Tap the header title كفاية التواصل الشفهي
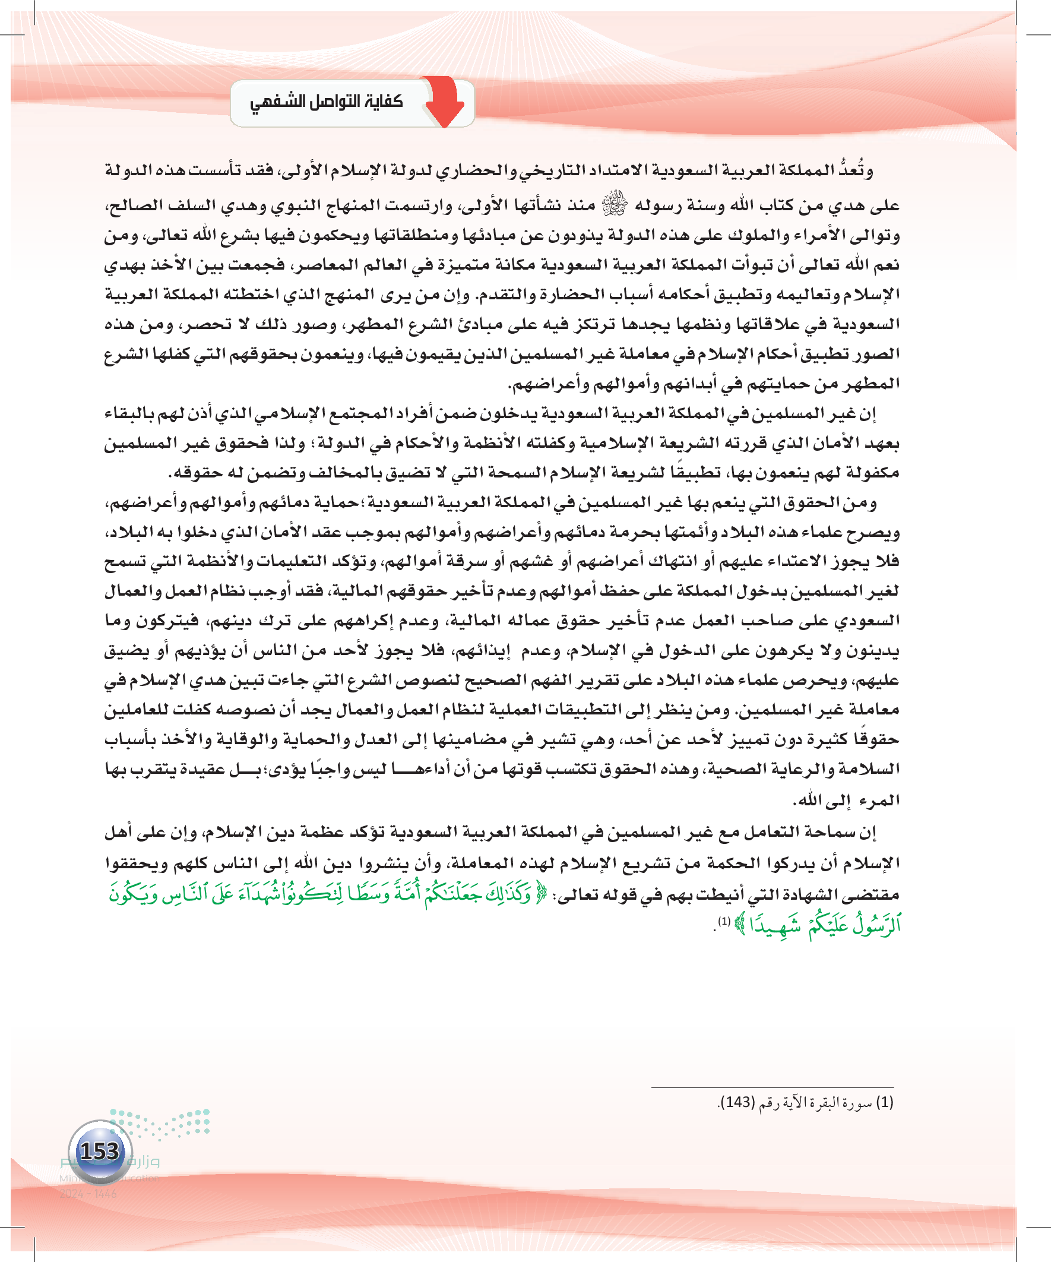(x=327, y=102)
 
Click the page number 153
(x=100, y=1152)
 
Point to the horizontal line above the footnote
(x=772, y=1087)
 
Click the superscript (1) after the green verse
(x=724, y=921)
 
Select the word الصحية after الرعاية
(x=734, y=769)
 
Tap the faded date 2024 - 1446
(x=88, y=1194)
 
